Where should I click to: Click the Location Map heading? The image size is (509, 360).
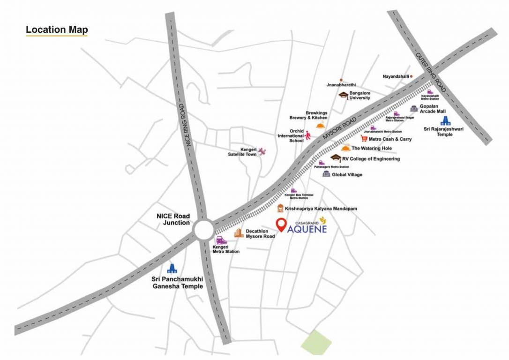click(x=57, y=30)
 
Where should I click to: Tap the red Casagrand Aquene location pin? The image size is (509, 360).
click(x=281, y=225)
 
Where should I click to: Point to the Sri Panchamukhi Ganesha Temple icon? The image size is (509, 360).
click(x=173, y=268)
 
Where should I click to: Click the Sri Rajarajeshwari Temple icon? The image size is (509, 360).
click(x=444, y=120)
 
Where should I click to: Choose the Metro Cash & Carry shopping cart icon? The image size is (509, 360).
click(x=364, y=139)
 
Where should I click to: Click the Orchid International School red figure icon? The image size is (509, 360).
click(x=308, y=135)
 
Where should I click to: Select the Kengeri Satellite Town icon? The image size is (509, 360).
click(x=262, y=151)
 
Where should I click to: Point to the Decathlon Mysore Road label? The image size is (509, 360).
click(x=260, y=233)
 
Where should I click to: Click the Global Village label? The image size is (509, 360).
click(x=347, y=175)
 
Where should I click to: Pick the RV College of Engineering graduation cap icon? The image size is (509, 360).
click(x=336, y=158)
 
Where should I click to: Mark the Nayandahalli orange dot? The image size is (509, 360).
click(x=412, y=76)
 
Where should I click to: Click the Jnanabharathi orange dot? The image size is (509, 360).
click(x=341, y=80)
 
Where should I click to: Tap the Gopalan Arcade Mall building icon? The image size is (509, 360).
click(x=413, y=109)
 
